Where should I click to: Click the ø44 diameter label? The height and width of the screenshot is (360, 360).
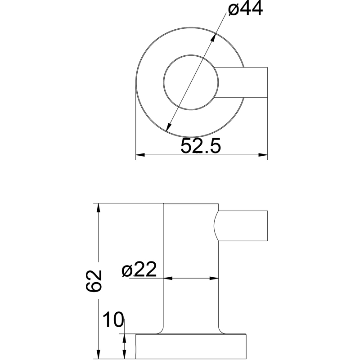(x=245, y=9)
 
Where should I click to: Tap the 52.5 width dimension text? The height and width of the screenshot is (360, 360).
(x=200, y=145)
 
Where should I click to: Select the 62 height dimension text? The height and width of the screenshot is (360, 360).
(x=94, y=280)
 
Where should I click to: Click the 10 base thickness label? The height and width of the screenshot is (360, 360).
(x=113, y=319)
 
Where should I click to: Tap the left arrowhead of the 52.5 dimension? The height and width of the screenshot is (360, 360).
(x=140, y=155)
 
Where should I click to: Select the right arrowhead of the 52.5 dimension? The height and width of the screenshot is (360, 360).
(x=263, y=155)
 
